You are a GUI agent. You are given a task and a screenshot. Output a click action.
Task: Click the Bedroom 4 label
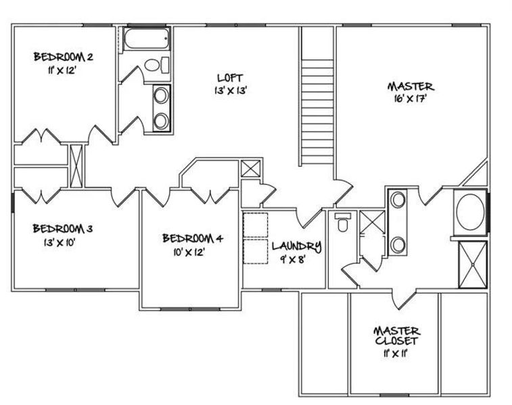coord(192,238)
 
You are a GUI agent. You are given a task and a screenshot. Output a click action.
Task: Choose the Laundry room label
coord(297,246)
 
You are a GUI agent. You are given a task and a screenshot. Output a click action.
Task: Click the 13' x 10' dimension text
coord(52,242)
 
